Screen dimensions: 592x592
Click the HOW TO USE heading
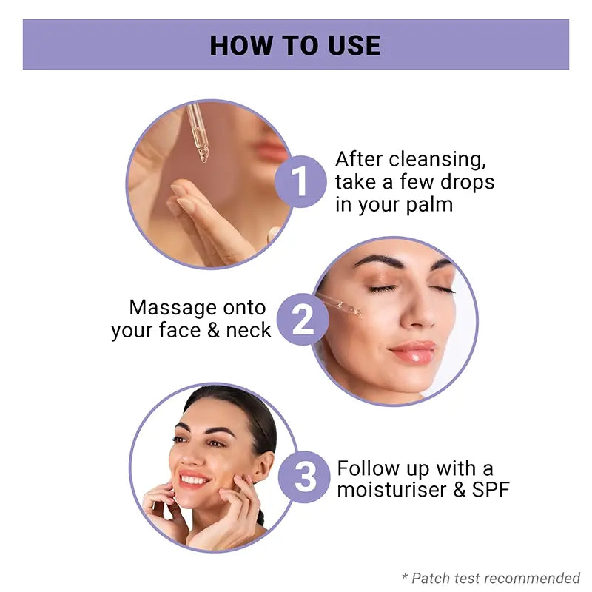click(295, 45)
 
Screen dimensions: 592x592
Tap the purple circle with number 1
click(300, 181)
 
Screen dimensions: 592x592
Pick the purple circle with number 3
click(304, 477)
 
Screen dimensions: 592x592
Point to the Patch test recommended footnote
click(491, 578)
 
